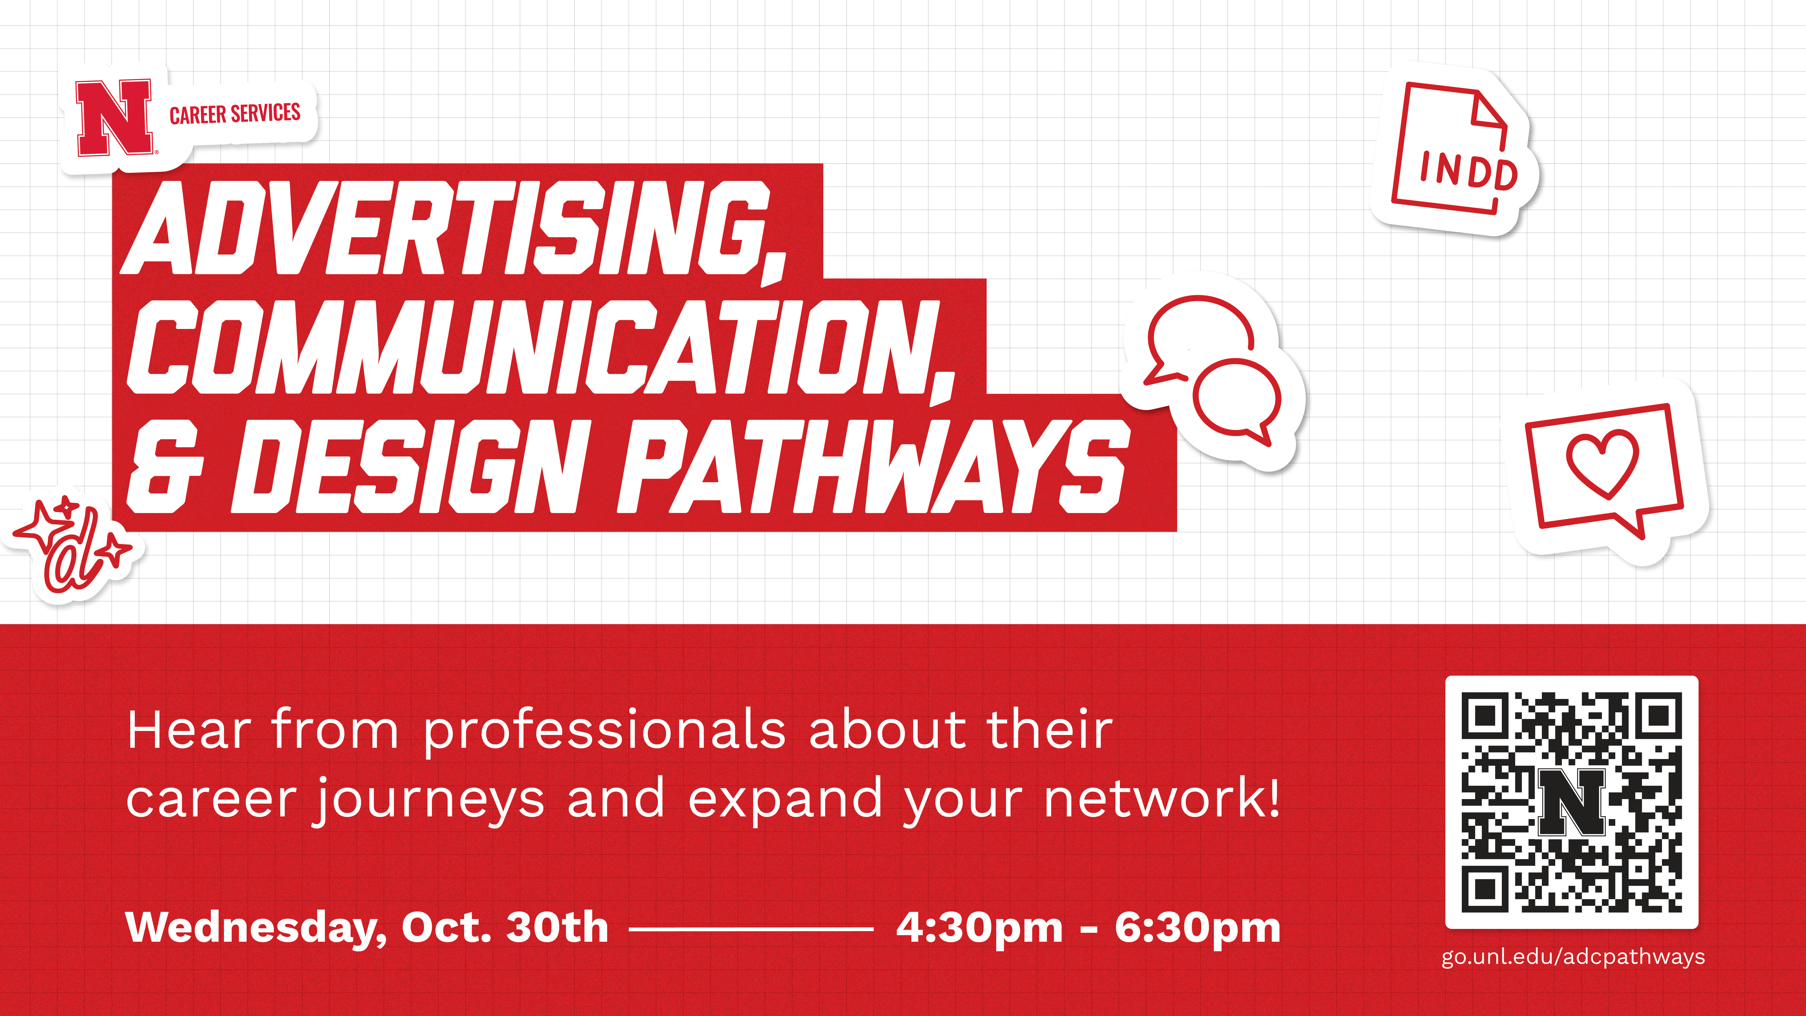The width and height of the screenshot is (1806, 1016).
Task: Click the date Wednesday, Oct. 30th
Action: point(367,928)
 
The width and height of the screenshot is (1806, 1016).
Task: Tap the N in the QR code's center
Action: point(1572,803)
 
